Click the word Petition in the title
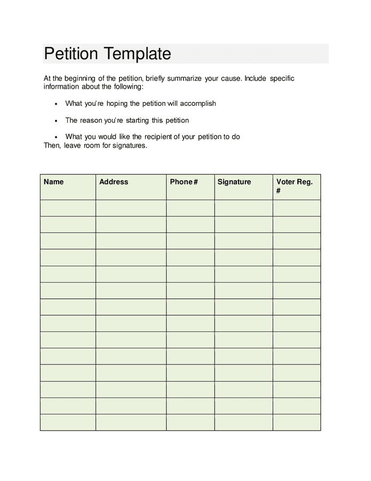[71, 54]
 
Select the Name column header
[53, 182]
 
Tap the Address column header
[114, 182]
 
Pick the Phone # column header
[184, 182]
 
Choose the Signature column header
[234, 182]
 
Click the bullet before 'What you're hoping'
[56, 104]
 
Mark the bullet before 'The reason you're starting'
[56, 121]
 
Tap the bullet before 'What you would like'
[56, 137]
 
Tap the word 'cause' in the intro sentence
[230, 78]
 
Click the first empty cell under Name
[68, 208]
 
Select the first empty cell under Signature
[243, 208]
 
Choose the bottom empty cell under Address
[131, 422]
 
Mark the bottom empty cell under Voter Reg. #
[297, 422]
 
